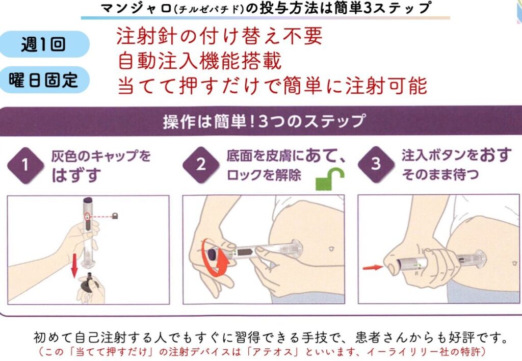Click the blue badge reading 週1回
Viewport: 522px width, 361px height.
coord(44,44)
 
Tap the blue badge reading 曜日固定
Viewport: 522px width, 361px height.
coord(44,80)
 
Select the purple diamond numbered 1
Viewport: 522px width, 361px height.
coord(25,165)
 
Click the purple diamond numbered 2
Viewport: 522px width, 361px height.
coord(201,165)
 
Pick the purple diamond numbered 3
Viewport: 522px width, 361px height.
coord(376,164)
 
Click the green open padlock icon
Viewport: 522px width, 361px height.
coord(330,179)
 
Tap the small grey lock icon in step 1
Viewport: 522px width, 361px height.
coord(115,216)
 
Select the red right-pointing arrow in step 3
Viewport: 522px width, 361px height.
coord(373,267)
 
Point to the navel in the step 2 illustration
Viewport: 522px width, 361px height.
coord(331,248)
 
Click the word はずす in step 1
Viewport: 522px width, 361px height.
coord(76,175)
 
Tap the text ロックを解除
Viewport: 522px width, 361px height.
coord(264,175)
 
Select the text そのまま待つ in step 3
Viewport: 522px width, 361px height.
coord(440,174)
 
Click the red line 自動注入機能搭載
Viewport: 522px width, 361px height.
coord(200,61)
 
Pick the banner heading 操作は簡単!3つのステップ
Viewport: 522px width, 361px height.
coord(264,121)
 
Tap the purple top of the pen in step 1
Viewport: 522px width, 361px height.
coord(88,200)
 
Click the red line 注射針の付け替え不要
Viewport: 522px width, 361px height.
coord(220,36)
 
